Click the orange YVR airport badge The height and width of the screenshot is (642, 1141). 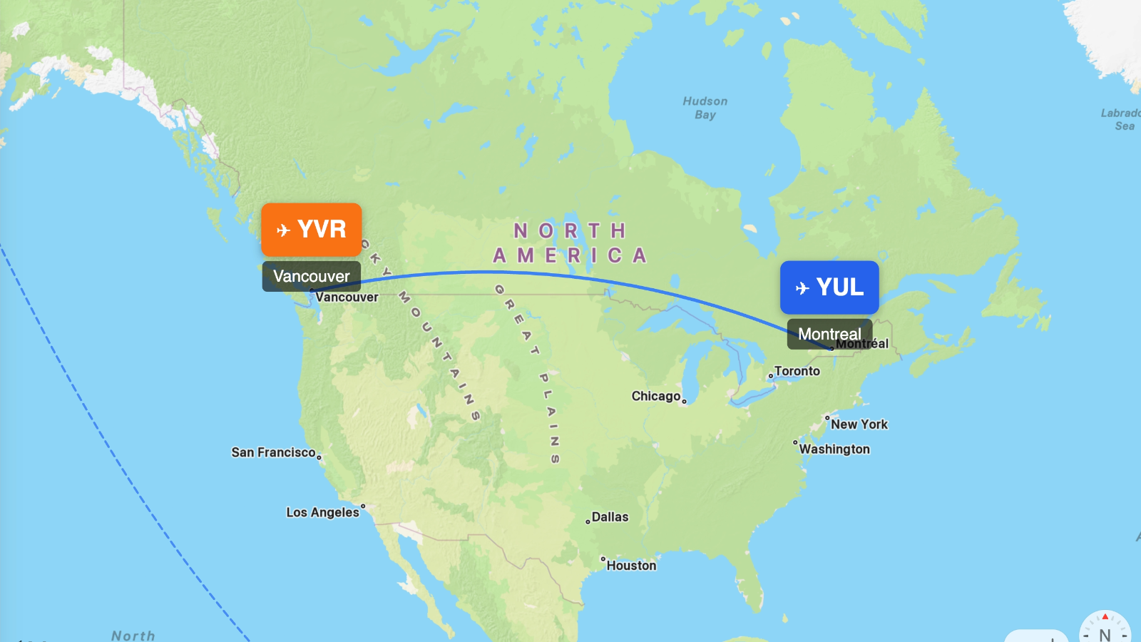coord(312,230)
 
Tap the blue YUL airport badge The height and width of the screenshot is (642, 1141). coord(829,287)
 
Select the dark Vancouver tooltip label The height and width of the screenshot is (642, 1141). coord(312,276)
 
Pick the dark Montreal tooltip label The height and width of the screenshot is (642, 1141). coord(829,334)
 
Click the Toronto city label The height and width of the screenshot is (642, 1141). coord(797,371)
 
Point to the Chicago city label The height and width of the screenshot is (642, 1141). coord(655,396)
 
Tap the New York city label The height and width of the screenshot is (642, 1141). coord(859,424)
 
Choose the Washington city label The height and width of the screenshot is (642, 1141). coord(834,449)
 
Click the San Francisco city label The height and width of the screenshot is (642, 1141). coord(273,452)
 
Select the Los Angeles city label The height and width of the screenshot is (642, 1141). coord(322,512)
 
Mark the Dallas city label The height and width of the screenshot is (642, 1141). coord(610,517)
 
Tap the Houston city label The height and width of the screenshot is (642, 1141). coord(631,566)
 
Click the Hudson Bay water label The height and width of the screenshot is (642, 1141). coord(705,108)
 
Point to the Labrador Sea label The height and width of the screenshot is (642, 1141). coord(1122,119)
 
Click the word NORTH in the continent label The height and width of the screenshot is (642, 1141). coord(570,231)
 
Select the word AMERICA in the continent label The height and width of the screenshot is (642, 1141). coord(570,255)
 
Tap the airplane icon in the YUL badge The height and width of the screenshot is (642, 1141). coord(802,288)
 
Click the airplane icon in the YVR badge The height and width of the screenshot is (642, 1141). coord(283,230)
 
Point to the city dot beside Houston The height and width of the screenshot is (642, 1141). coord(603,559)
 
